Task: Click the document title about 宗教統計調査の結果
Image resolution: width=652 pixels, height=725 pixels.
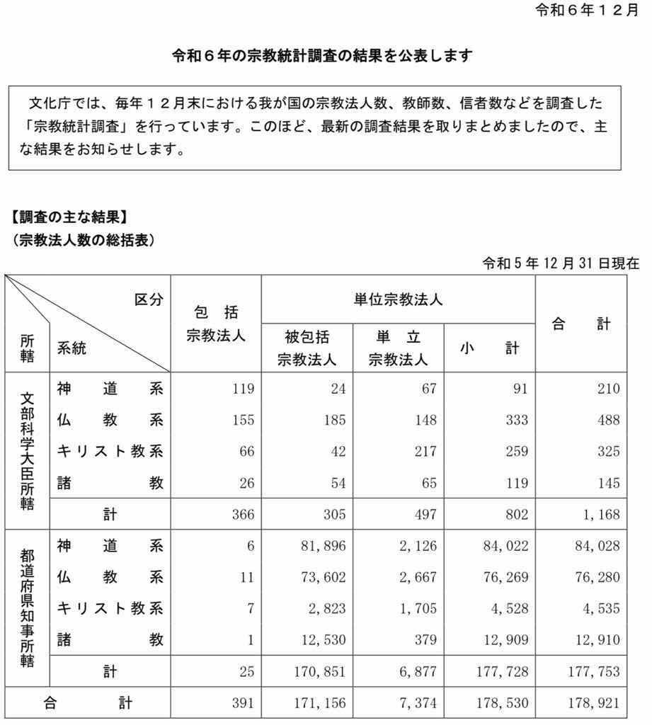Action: (322, 56)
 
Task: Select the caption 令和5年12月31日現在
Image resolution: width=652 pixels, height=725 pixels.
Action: (561, 263)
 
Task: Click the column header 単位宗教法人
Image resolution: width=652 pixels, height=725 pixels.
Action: (398, 299)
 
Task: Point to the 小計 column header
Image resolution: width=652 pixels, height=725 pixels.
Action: (489, 348)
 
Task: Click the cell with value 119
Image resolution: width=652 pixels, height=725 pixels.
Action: (241, 389)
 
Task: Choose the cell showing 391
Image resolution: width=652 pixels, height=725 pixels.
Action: (241, 704)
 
